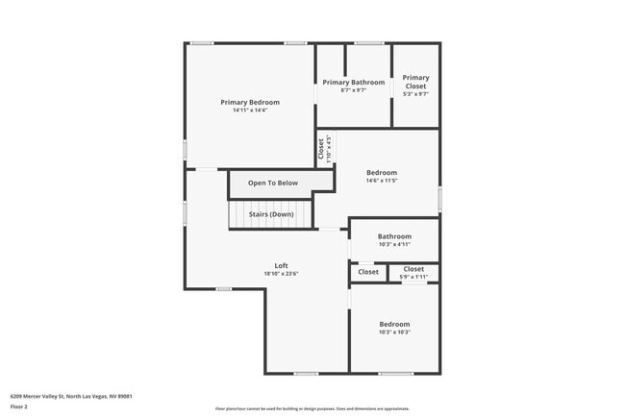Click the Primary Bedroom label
click(250, 102)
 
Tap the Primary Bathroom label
click(353, 83)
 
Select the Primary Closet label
click(415, 82)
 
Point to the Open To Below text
click(273, 183)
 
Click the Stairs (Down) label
click(271, 214)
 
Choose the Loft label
click(282, 266)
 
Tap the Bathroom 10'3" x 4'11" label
click(394, 236)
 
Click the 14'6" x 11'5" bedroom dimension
click(381, 181)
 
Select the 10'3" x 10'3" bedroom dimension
click(394, 332)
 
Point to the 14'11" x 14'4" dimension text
click(250, 110)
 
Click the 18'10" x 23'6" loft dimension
click(282, 274)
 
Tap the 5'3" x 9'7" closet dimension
click(415, 94)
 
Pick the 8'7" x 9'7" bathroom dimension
click(353, 91)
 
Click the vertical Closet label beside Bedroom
click(321, 150)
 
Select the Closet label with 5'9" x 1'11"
click(413, 269)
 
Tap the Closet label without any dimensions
click(368, 272)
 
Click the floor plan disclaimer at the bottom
click(312, 408)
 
